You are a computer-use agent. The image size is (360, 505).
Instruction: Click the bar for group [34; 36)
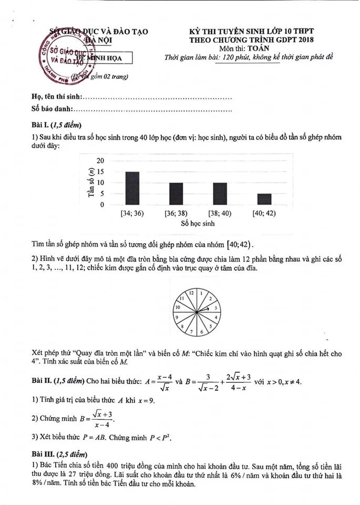(x=132, y=188)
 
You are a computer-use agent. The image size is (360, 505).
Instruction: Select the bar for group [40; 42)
(x=264, y=199)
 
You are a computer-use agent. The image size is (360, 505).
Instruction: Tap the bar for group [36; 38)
(x=176, y=194)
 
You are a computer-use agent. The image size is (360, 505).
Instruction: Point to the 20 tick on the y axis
(x=101, y=160)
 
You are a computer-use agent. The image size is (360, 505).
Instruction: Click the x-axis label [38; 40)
(x=220, y=213)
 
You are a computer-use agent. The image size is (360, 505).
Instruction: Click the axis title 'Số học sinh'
(x=198, y=223)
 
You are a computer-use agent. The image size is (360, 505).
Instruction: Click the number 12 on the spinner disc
(x=192, y=292)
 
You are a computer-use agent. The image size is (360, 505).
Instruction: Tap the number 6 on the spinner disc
(x=200, y=332)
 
